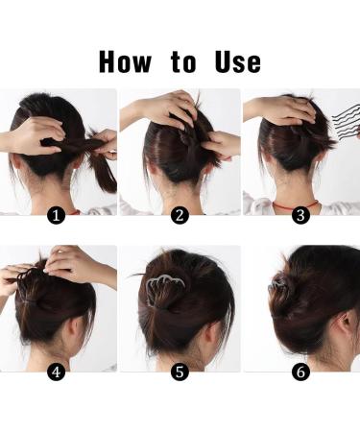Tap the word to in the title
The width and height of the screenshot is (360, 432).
[183, 62]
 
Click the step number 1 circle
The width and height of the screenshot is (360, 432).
[57, 216]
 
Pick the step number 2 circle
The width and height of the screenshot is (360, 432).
[179, 216]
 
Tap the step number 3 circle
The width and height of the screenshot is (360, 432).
[300, 216]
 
